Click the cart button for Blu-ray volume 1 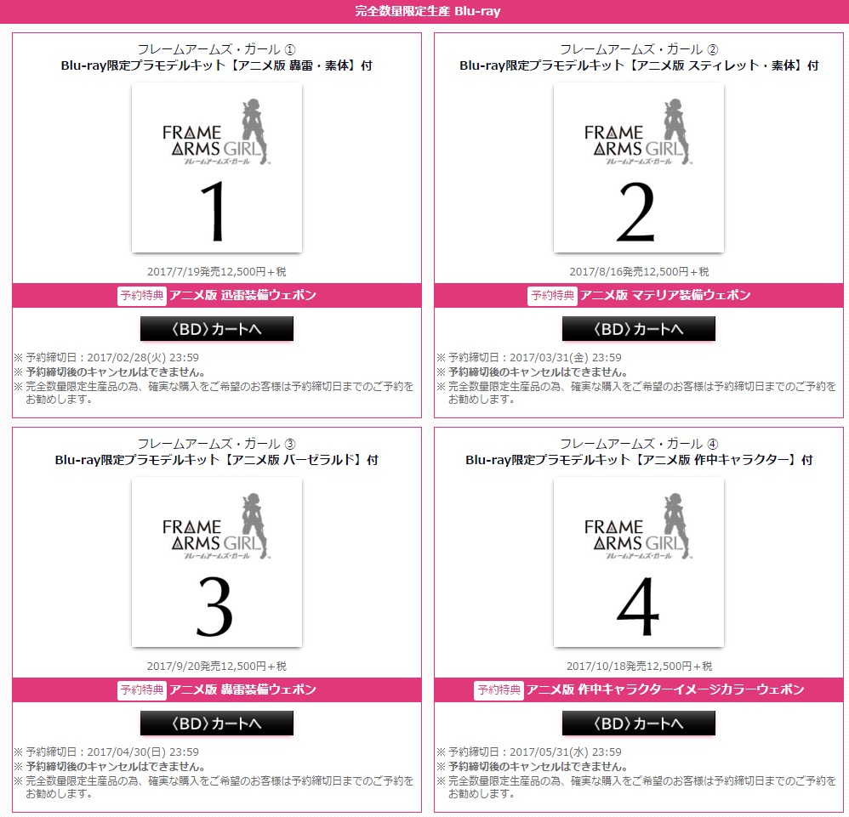pos(217,328)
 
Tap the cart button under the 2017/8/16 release pos(638,328)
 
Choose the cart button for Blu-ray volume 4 pos(638,723)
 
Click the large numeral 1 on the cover pos(214,211)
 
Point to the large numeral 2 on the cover pos(635,212)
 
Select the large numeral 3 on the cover pos(214,606)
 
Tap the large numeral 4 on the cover pos(638,606)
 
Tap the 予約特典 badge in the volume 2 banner pos(552,295)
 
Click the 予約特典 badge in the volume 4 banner pos(499,689)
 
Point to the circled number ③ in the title pos(290,445)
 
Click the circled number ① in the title pos(290,50)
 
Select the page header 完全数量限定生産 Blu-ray pos(428,11)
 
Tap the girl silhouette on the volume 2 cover pos(675,131)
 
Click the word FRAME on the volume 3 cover pos(191,527)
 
